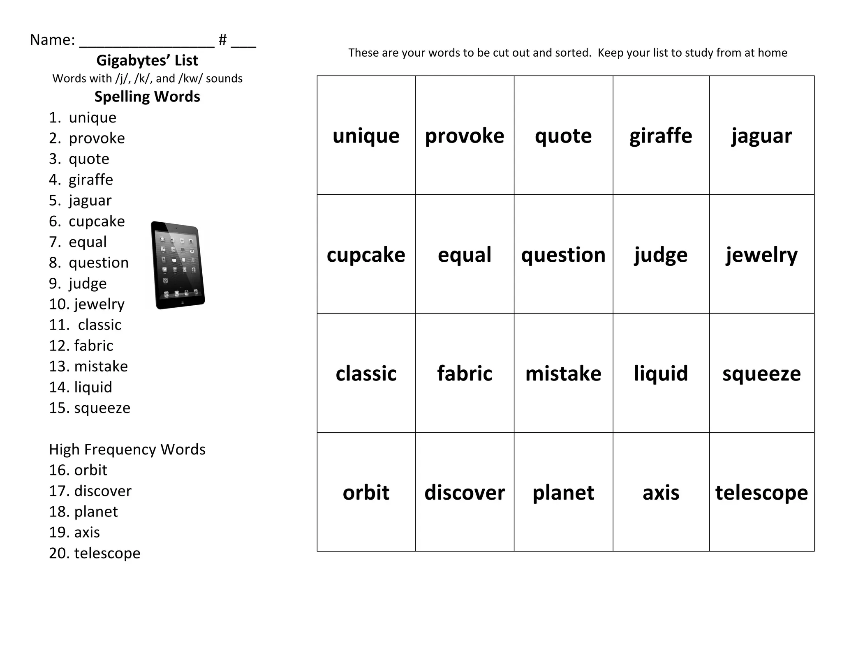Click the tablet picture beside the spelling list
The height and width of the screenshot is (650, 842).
coord(178,265)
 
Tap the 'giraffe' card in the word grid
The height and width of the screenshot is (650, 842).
coord(661,136)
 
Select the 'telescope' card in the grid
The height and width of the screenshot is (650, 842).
coord(761,492)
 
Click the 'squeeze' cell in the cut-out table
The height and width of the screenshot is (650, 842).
coord(761,373)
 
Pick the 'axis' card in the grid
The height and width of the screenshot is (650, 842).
coord(661,492)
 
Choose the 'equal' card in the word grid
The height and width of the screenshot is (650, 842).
coord(465,255)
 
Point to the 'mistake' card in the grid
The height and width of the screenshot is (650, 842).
coord(563,373)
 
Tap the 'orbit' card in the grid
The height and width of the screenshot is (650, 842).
coord(366,492)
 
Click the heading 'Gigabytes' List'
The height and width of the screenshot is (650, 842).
coord(147,60)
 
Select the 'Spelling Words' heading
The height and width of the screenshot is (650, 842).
coord(147,97)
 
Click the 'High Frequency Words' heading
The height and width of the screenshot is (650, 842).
coord(127,449)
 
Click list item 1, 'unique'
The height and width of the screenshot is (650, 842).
coord(92,118)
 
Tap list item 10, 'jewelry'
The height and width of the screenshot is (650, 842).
coord(99,304)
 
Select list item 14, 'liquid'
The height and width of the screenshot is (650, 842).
coord(93,387)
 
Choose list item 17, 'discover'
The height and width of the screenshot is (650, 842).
coord(102,491)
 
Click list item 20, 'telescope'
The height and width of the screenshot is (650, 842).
coord(107,553)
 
